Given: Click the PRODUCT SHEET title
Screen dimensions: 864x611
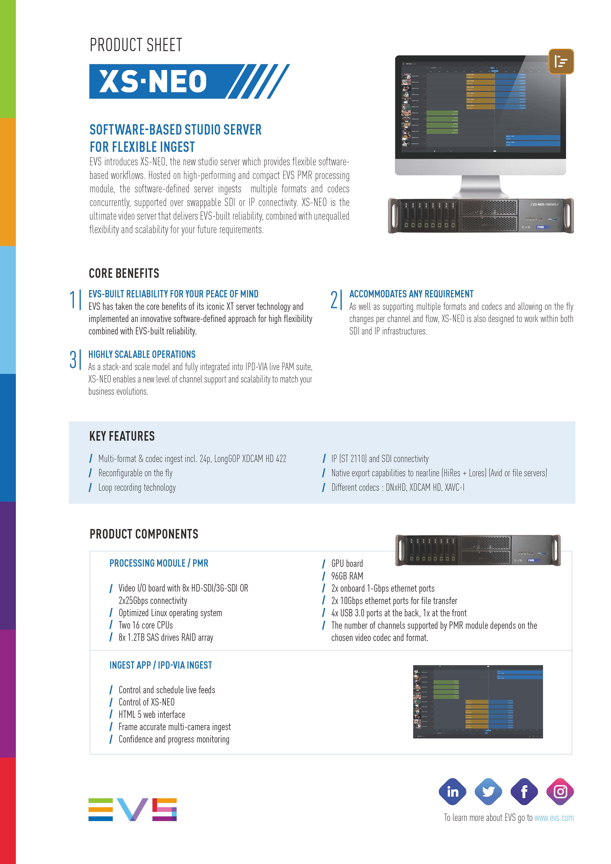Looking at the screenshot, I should coord(136,45).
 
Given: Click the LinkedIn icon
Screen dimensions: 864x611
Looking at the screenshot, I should coord(452,792).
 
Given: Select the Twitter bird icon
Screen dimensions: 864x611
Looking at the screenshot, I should coord(488,792).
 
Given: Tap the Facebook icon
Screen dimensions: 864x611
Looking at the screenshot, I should coord(524,792).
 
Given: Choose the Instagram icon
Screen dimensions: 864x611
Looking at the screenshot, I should coord(560,792).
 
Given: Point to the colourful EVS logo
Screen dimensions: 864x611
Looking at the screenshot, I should coord(132,809).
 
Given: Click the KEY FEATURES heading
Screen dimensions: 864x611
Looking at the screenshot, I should coord(122,436).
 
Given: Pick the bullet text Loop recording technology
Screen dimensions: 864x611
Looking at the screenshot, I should coord(137,488).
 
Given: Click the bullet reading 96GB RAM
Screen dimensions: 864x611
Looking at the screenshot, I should coord(347,576).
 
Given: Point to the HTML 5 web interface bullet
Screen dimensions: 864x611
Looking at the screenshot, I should coord(152,715).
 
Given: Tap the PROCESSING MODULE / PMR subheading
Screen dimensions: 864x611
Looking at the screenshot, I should coord(159,563).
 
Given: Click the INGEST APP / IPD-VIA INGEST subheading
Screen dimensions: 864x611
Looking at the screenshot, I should coord(161,665).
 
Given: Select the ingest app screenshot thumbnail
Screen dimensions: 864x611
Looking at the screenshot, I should coord(478,702).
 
